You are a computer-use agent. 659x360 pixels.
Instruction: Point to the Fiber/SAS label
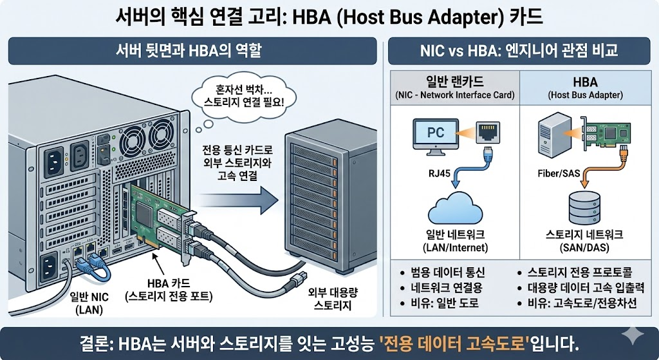pyautogui.click(x=558, y=173)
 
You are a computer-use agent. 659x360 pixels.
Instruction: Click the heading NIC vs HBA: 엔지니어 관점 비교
pyautogui.click(x=519, y=50)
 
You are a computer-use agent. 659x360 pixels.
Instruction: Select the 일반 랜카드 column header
pyautogui.click(x=454, y=82)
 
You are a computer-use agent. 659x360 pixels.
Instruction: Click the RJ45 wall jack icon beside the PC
pyautogui.click(x=488, y=133)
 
